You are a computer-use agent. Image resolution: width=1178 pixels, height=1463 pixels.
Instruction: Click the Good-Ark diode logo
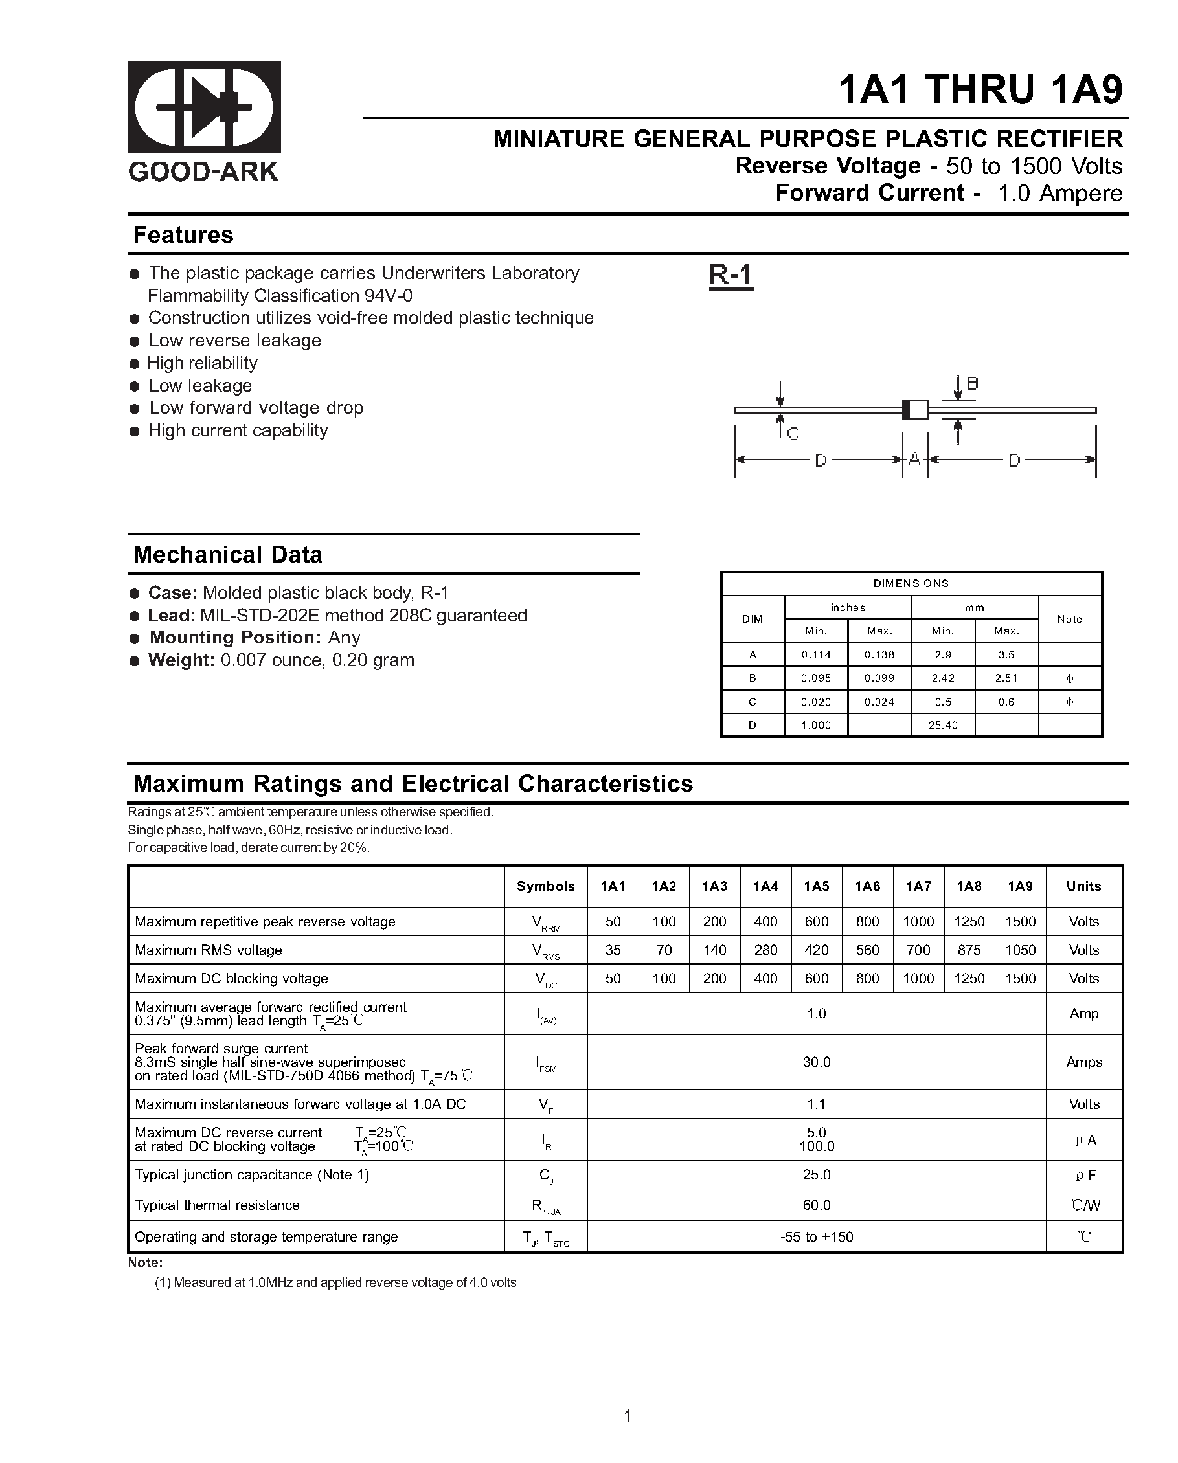point(204,107)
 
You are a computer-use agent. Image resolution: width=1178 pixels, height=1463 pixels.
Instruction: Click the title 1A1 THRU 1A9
point(980,89)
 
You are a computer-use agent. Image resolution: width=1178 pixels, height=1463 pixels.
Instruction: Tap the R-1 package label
point(731,276)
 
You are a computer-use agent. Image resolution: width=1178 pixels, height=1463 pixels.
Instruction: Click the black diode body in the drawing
point(914,410)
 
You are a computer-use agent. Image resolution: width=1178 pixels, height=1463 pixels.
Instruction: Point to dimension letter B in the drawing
point(972,384)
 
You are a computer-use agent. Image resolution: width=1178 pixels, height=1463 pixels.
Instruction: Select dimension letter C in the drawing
point(793,434)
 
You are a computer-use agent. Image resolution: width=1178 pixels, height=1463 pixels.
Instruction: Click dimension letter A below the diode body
point(914,460)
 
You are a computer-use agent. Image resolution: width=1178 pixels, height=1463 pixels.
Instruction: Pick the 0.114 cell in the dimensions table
point(815,655)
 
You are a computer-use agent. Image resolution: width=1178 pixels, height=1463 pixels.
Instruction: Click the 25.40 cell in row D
point(942,726)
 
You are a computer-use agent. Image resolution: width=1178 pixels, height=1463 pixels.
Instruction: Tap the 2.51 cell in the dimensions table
point(1006,678)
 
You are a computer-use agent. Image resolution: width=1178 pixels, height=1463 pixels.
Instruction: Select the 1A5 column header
point(816,886)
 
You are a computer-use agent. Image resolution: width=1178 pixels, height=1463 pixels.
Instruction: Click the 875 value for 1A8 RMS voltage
point(969,950)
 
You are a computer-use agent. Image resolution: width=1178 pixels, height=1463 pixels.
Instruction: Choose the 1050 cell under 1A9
point(1020,950)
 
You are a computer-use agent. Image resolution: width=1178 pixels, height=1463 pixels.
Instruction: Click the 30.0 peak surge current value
point(816,1062)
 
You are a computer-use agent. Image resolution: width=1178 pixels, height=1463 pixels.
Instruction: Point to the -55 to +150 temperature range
point(816,1237)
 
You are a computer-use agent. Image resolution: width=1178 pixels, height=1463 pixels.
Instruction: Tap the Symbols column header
point(545,886)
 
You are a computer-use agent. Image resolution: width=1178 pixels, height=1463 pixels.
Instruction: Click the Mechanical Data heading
point(227,554)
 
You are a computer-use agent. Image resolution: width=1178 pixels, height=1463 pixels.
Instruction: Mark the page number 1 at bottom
point(628,1416)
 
